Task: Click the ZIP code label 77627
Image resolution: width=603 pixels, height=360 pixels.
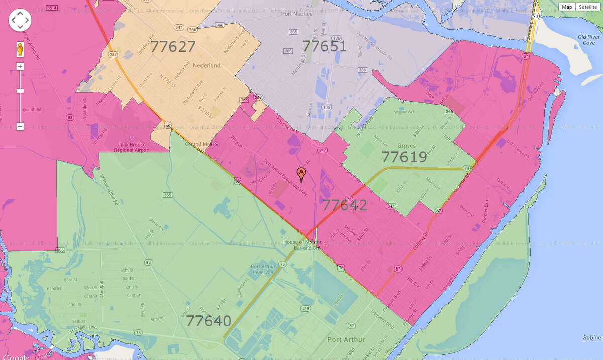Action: (173, 47)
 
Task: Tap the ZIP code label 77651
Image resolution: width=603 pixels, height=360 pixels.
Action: (324, 46)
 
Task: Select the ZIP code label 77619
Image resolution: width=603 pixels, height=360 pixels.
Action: (404, 157)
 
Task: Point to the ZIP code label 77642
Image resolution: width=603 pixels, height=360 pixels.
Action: (344, 205)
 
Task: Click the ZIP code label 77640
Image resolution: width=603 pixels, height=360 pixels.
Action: (209, 321)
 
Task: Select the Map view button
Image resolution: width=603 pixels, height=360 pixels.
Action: (567, 7)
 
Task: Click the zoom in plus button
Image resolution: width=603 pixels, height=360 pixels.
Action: (20, 66)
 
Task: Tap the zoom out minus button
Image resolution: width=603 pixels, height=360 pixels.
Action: (20, 127)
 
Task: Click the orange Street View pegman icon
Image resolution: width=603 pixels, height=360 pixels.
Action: (20, 50)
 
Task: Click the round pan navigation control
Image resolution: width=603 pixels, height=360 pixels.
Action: (20, 20)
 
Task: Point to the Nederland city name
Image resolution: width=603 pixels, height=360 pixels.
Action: (207, 66)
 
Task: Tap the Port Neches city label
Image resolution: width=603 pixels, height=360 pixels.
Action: (296, 14)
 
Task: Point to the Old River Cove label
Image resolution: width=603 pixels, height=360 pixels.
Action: (586, 40)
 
